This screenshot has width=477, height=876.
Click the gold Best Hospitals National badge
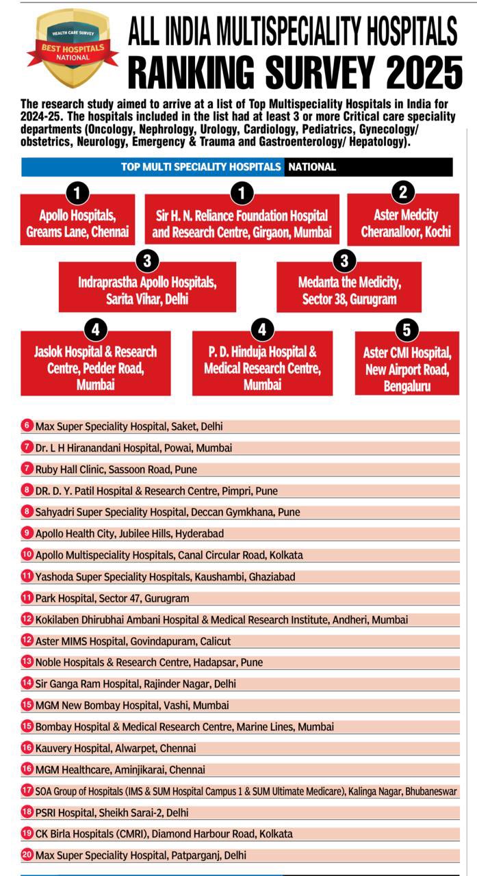(x=71, y=49)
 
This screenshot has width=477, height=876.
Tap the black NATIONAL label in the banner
(x=311, y=167)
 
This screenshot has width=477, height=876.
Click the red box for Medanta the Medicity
(x=349, y=290)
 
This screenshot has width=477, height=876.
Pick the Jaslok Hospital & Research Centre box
(x=95, y=368)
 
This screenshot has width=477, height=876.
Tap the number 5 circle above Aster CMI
(x=407, y=330)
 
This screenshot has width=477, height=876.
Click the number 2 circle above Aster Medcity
(x=403, y=192)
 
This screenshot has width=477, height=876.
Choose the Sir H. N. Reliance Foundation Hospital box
(x=241, y=224)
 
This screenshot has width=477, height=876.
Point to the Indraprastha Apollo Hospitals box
(x=147, y=290)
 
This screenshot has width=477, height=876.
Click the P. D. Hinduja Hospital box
(x=262, y=368)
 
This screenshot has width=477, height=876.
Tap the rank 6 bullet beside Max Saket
(x=27, y=426)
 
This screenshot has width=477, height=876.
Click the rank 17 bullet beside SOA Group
(x=27, y=790)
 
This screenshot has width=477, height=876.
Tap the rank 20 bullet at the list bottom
(x=27, y=855)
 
